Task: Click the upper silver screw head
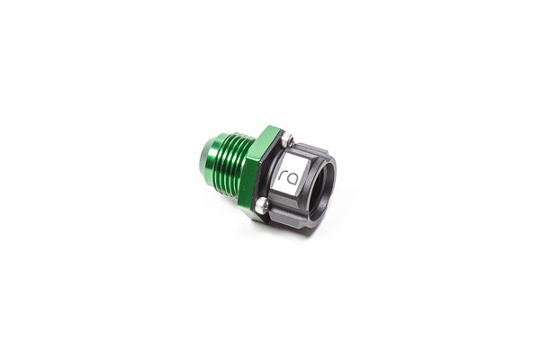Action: pos(288,139)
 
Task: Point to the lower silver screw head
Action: pos(260,209)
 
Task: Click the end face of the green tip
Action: pos(199,163)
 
